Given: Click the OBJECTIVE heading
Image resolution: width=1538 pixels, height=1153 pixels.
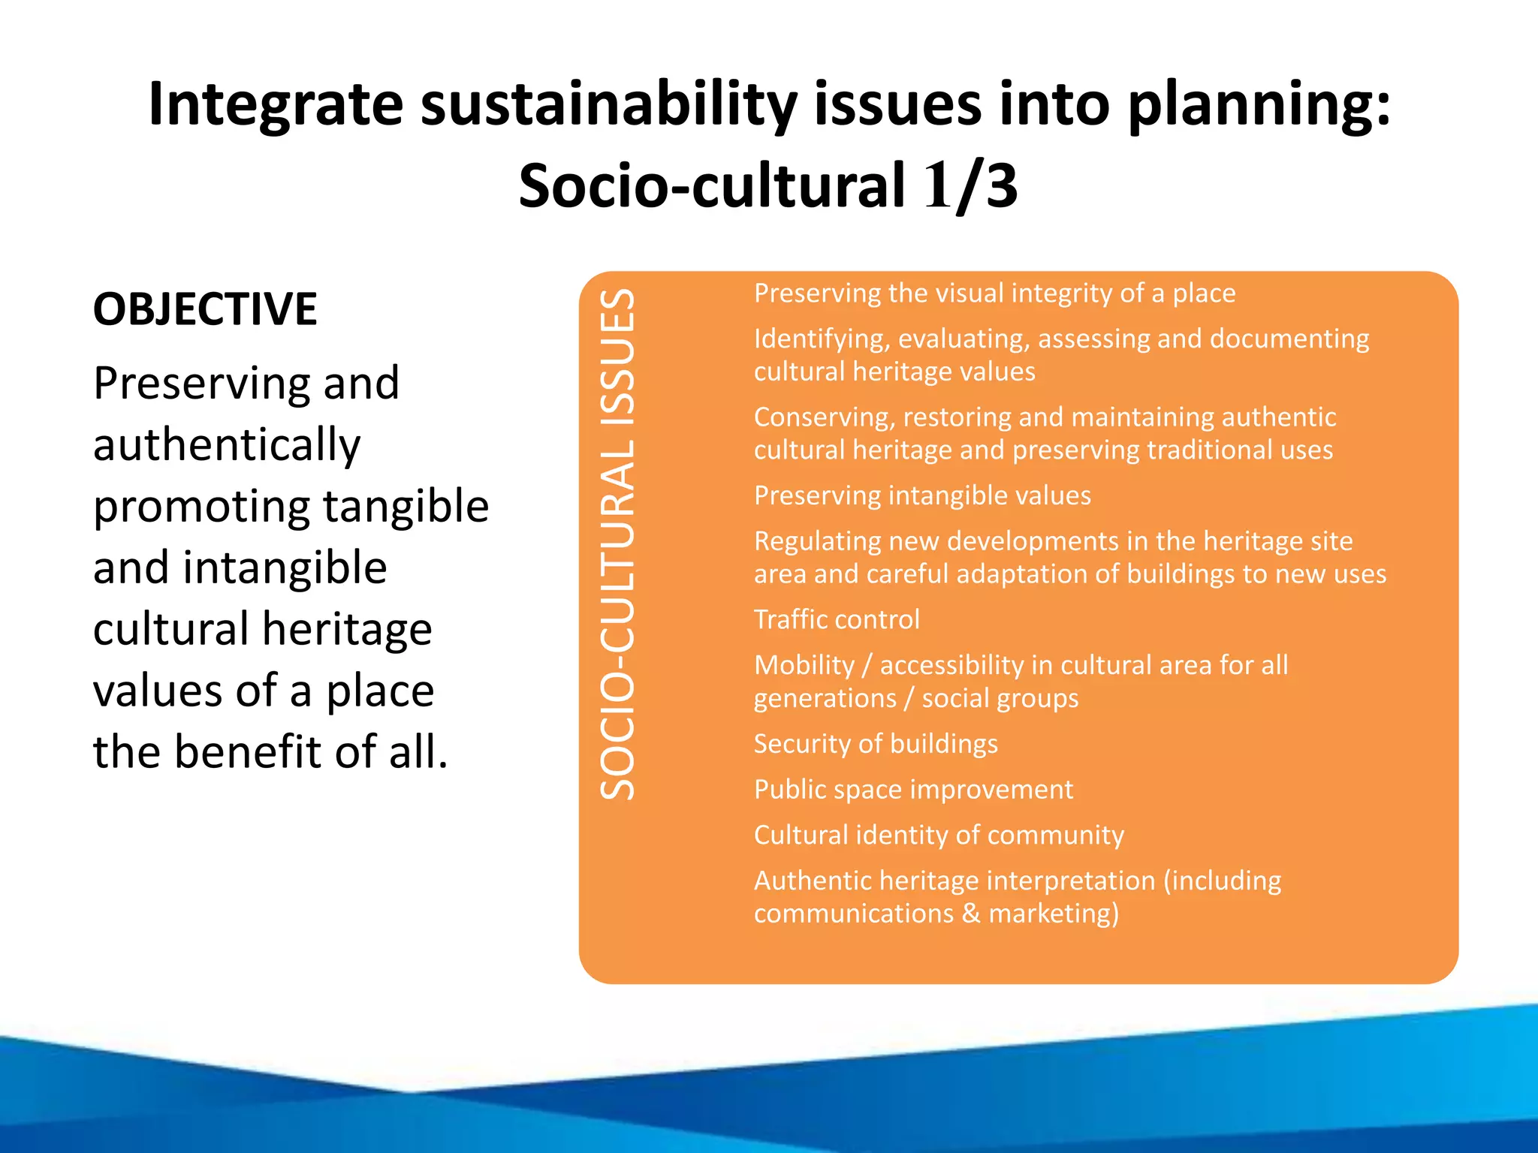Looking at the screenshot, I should click(x=205, y=309).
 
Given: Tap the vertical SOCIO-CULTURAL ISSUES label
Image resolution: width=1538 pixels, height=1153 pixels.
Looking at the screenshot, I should click(x=617, y=544).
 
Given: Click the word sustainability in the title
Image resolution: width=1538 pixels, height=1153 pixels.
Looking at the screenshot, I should click(x=608, y=105).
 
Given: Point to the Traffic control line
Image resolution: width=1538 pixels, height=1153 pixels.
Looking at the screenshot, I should click(x=837, y=620).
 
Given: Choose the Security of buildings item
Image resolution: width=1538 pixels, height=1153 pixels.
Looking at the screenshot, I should click(x=876, y=744).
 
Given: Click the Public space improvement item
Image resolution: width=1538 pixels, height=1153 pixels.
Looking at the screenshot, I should click(x=913, y=790).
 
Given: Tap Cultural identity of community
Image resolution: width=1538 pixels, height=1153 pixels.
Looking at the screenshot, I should click(x=939, y=835).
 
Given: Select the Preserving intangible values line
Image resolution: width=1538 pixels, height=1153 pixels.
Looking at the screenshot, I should click(x=922, y=496).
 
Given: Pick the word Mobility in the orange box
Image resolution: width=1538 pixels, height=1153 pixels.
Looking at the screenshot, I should click(x=804, y=666).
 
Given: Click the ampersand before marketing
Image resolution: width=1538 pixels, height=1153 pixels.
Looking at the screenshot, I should click(x=971, y=914).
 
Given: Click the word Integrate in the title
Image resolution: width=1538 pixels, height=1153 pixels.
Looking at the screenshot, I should click(x=276, y=105).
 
